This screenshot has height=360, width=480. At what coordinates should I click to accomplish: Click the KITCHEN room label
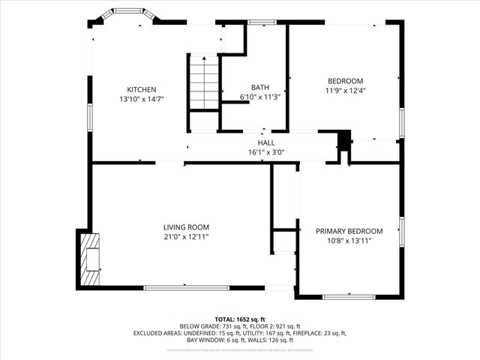coord(141,89)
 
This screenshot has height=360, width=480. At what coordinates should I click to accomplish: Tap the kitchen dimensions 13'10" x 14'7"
coord(141,99)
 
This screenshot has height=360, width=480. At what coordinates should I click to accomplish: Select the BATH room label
coord(259,87)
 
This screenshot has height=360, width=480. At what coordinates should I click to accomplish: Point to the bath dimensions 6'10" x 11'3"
coord(259,97)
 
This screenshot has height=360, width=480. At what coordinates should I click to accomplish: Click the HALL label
coord(266,142)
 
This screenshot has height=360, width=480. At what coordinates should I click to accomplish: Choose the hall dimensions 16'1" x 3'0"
coord(266,152)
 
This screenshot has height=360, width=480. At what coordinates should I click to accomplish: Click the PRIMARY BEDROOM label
coord(349,231)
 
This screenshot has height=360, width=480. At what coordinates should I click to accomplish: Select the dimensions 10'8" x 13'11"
coord(349,241)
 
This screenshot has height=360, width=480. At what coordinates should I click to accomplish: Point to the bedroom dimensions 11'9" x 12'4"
coord(345,91)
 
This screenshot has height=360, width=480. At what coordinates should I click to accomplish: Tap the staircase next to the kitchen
coord(202,82)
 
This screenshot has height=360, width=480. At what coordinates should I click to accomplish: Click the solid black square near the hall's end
coord(344,140)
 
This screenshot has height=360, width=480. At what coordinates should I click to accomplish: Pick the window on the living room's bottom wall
coord(187,287)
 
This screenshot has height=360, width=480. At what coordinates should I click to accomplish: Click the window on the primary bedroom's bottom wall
coord(349,297)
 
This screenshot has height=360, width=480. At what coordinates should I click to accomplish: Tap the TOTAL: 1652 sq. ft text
coord(239,319)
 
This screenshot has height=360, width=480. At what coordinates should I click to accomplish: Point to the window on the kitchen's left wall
coord(89,117)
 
